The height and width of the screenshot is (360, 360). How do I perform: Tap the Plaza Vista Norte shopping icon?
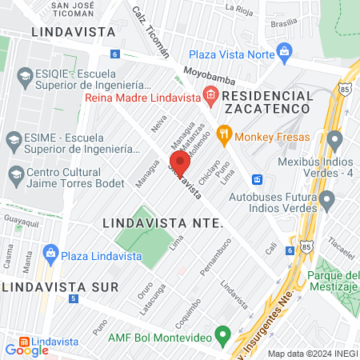pyautogui.click(x=283, y=54)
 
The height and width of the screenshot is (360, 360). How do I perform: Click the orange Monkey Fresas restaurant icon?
pyautogui.click(x=225, y=134)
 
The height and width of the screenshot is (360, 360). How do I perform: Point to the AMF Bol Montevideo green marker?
pyautogui.click(x=224, y=333)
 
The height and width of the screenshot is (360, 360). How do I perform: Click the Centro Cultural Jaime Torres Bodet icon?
pyautogui.click(x=14, y=174)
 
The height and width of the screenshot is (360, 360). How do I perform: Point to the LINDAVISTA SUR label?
pyautogui.click(x=59, y=286)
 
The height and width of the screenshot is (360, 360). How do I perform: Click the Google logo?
pyautogui.click(x=27, y=350)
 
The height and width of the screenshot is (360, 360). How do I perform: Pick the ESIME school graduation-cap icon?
pyautogui.click(x=14, y=139)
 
